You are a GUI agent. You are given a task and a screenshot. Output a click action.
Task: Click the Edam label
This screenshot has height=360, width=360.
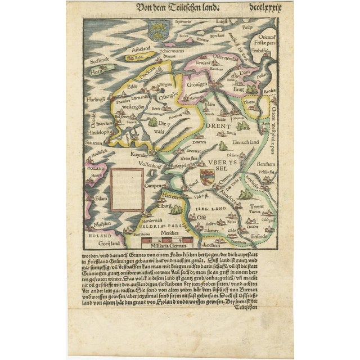coord(100,199)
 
